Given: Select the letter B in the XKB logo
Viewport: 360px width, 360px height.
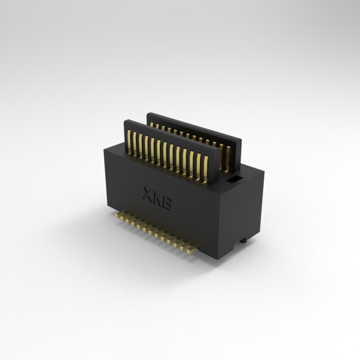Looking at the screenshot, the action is click(x=166, y=203).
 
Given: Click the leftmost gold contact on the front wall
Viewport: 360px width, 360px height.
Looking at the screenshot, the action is click(x=129, y=142).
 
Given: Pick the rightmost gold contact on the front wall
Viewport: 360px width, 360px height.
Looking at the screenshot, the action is click(x=205, y=169).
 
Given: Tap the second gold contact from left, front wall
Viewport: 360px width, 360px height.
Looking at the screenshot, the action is click(x=135, y=144).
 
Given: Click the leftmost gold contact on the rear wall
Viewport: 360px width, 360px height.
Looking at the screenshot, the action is click(x=152, y=124).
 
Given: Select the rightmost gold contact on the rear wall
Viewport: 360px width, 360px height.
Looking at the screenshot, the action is click(x=228, y=159).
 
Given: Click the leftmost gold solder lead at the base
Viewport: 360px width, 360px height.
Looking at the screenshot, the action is click(x=118, y=215).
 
